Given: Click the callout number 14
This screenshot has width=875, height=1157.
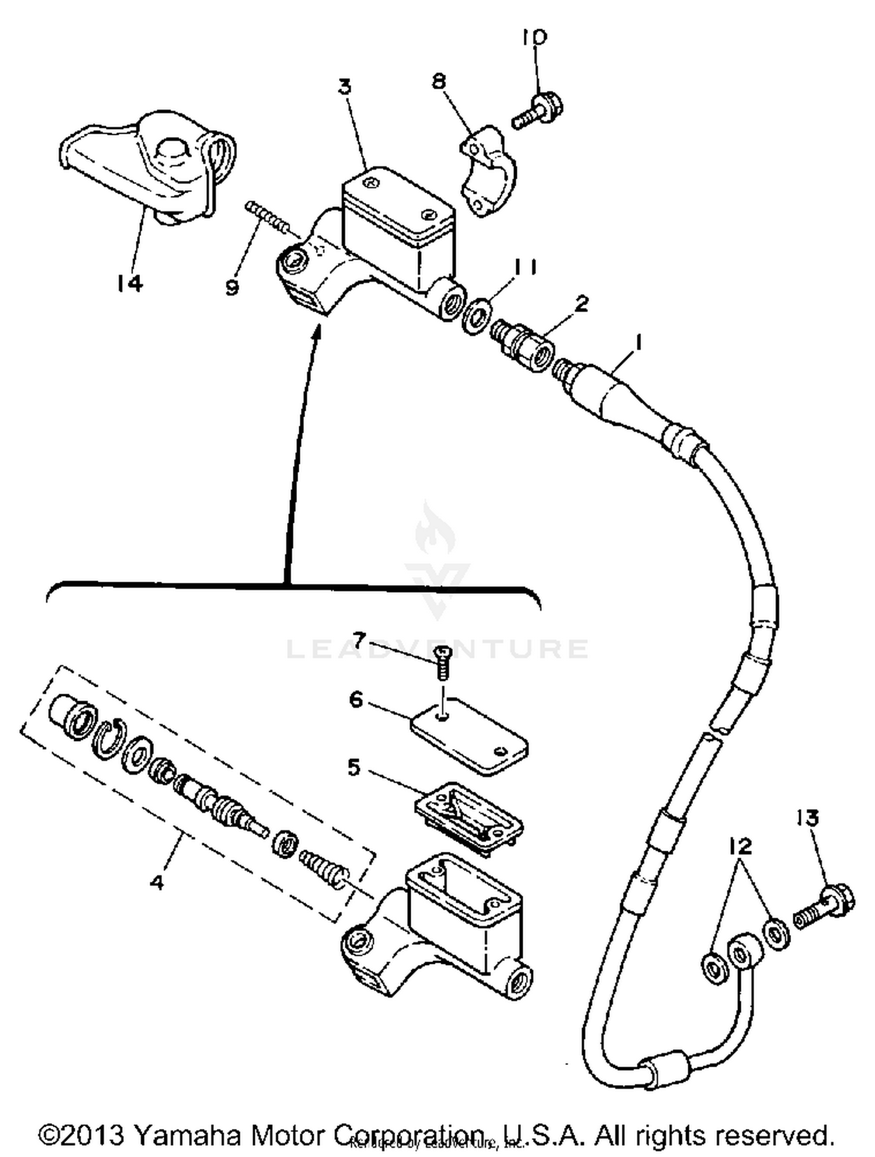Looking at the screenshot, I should pos(129,284).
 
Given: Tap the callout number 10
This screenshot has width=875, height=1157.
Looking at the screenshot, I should pos(534,38).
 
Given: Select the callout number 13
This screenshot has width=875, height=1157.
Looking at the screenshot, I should pos(807,818).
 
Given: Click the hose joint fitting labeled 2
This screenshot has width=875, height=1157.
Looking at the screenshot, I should pos(522,346).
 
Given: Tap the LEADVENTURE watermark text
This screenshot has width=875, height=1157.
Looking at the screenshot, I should pos(437,649).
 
